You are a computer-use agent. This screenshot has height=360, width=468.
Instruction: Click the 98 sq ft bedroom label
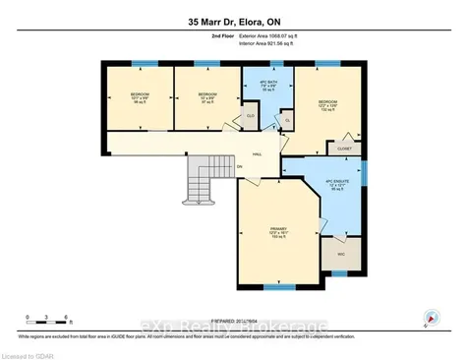[x=137, y=98]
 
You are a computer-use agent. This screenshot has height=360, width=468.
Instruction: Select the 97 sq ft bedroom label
[x=206, y=98]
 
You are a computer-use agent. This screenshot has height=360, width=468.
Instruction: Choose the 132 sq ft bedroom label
[x=328, y=105]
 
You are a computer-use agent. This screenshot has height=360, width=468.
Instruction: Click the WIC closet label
[x=341, y=254]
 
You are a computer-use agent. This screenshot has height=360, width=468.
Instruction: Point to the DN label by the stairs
[x=240, y=166]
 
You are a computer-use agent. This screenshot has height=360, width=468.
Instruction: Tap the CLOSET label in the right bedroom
[x=344, y=149]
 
